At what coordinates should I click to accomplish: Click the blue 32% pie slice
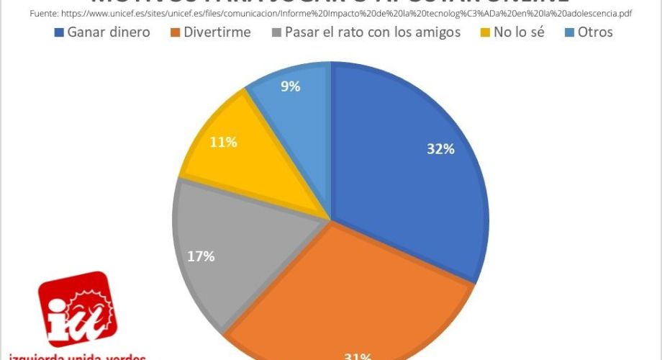point(410,173)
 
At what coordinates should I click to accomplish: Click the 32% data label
point(440,149)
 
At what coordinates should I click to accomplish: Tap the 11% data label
point(223,142)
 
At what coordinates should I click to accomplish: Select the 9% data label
point(291,86)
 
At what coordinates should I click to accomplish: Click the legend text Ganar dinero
point(109,32)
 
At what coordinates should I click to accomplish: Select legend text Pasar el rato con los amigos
point(372,32)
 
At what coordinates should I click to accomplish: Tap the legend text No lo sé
point(519,32)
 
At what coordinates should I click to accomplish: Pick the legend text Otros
point(594,32)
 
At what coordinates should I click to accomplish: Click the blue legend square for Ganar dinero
point(60,32)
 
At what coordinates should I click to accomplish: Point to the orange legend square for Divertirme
point(176,32)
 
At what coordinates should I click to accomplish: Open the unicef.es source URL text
point(353,13)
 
